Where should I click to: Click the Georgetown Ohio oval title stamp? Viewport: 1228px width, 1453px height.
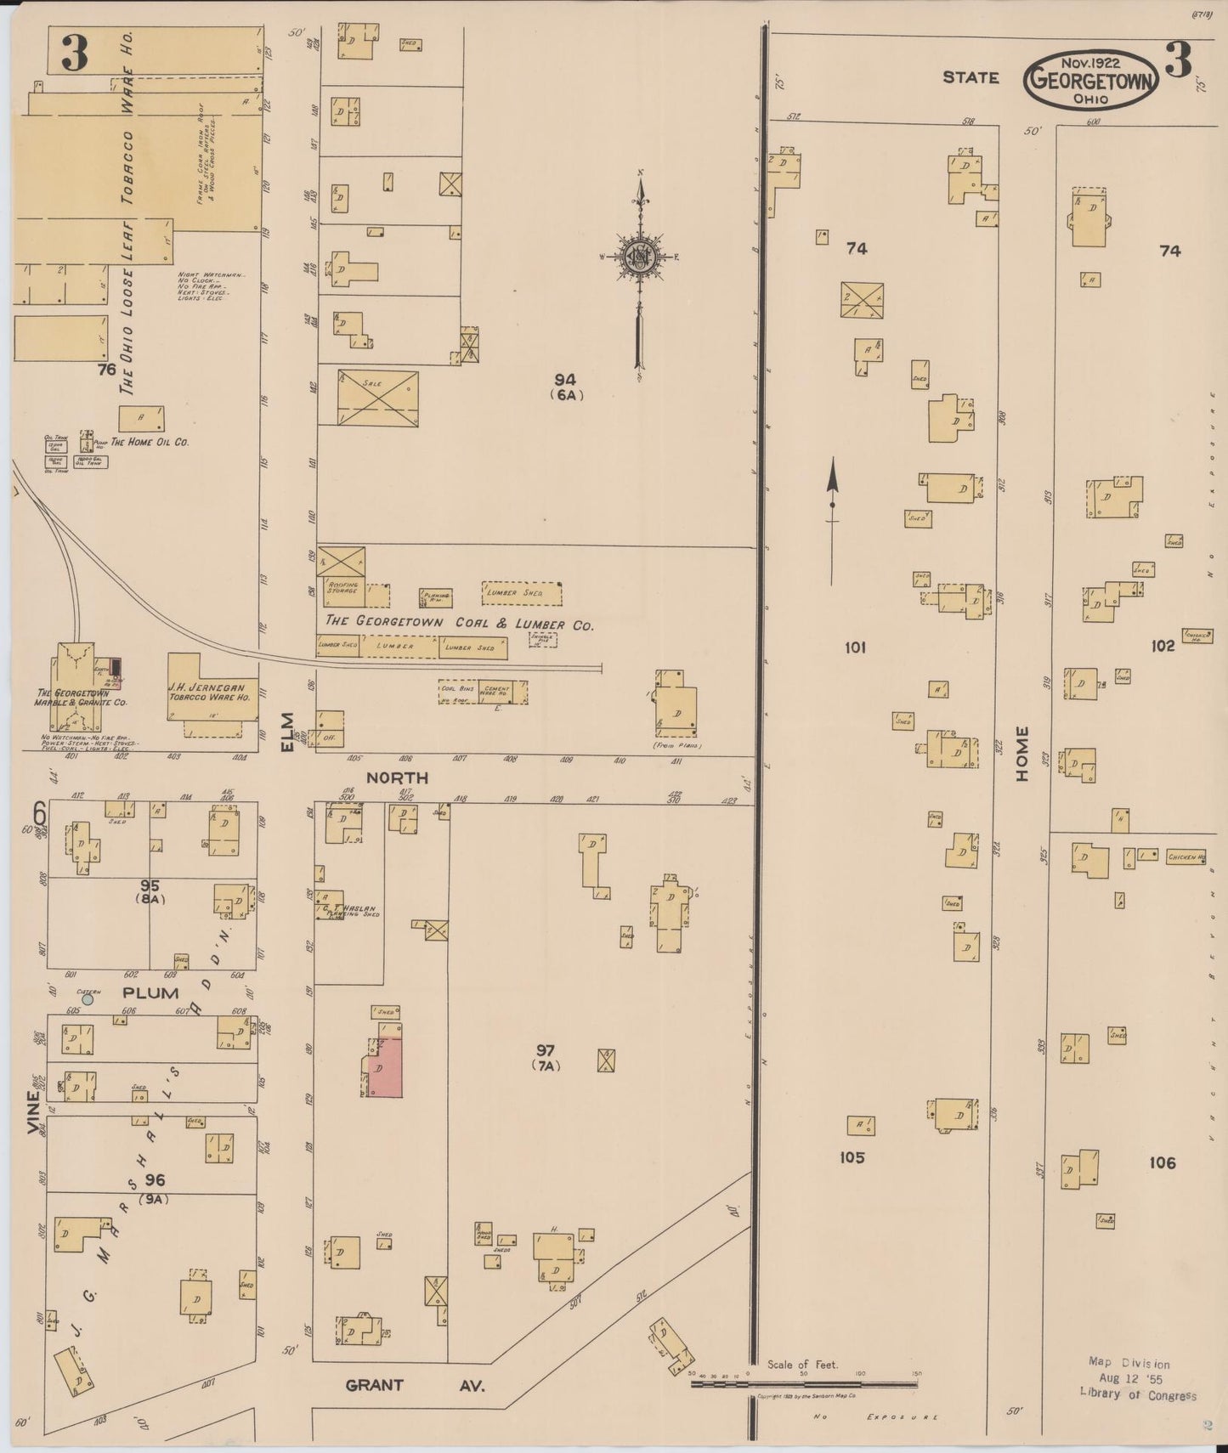click(1091, 80)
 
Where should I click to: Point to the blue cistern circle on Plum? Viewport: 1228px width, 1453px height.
click(88, 999)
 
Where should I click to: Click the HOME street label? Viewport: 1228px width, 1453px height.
click(1021, 754)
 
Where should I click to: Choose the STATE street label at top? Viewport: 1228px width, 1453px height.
click(971, 77)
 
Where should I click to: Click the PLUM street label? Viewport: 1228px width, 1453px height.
click(150, 992)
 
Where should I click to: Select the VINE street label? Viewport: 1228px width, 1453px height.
click(33, 1112)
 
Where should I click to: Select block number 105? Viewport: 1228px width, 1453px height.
click(852, 1157)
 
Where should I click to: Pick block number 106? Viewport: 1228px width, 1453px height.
click(1162, 1162)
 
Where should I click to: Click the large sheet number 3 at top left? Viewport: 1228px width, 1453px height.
click(74, 53)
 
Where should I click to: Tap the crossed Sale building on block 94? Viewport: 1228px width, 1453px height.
click(378, 397)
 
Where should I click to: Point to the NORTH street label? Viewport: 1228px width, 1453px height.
click(397, 777)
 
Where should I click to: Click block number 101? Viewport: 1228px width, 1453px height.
click(855, 647)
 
